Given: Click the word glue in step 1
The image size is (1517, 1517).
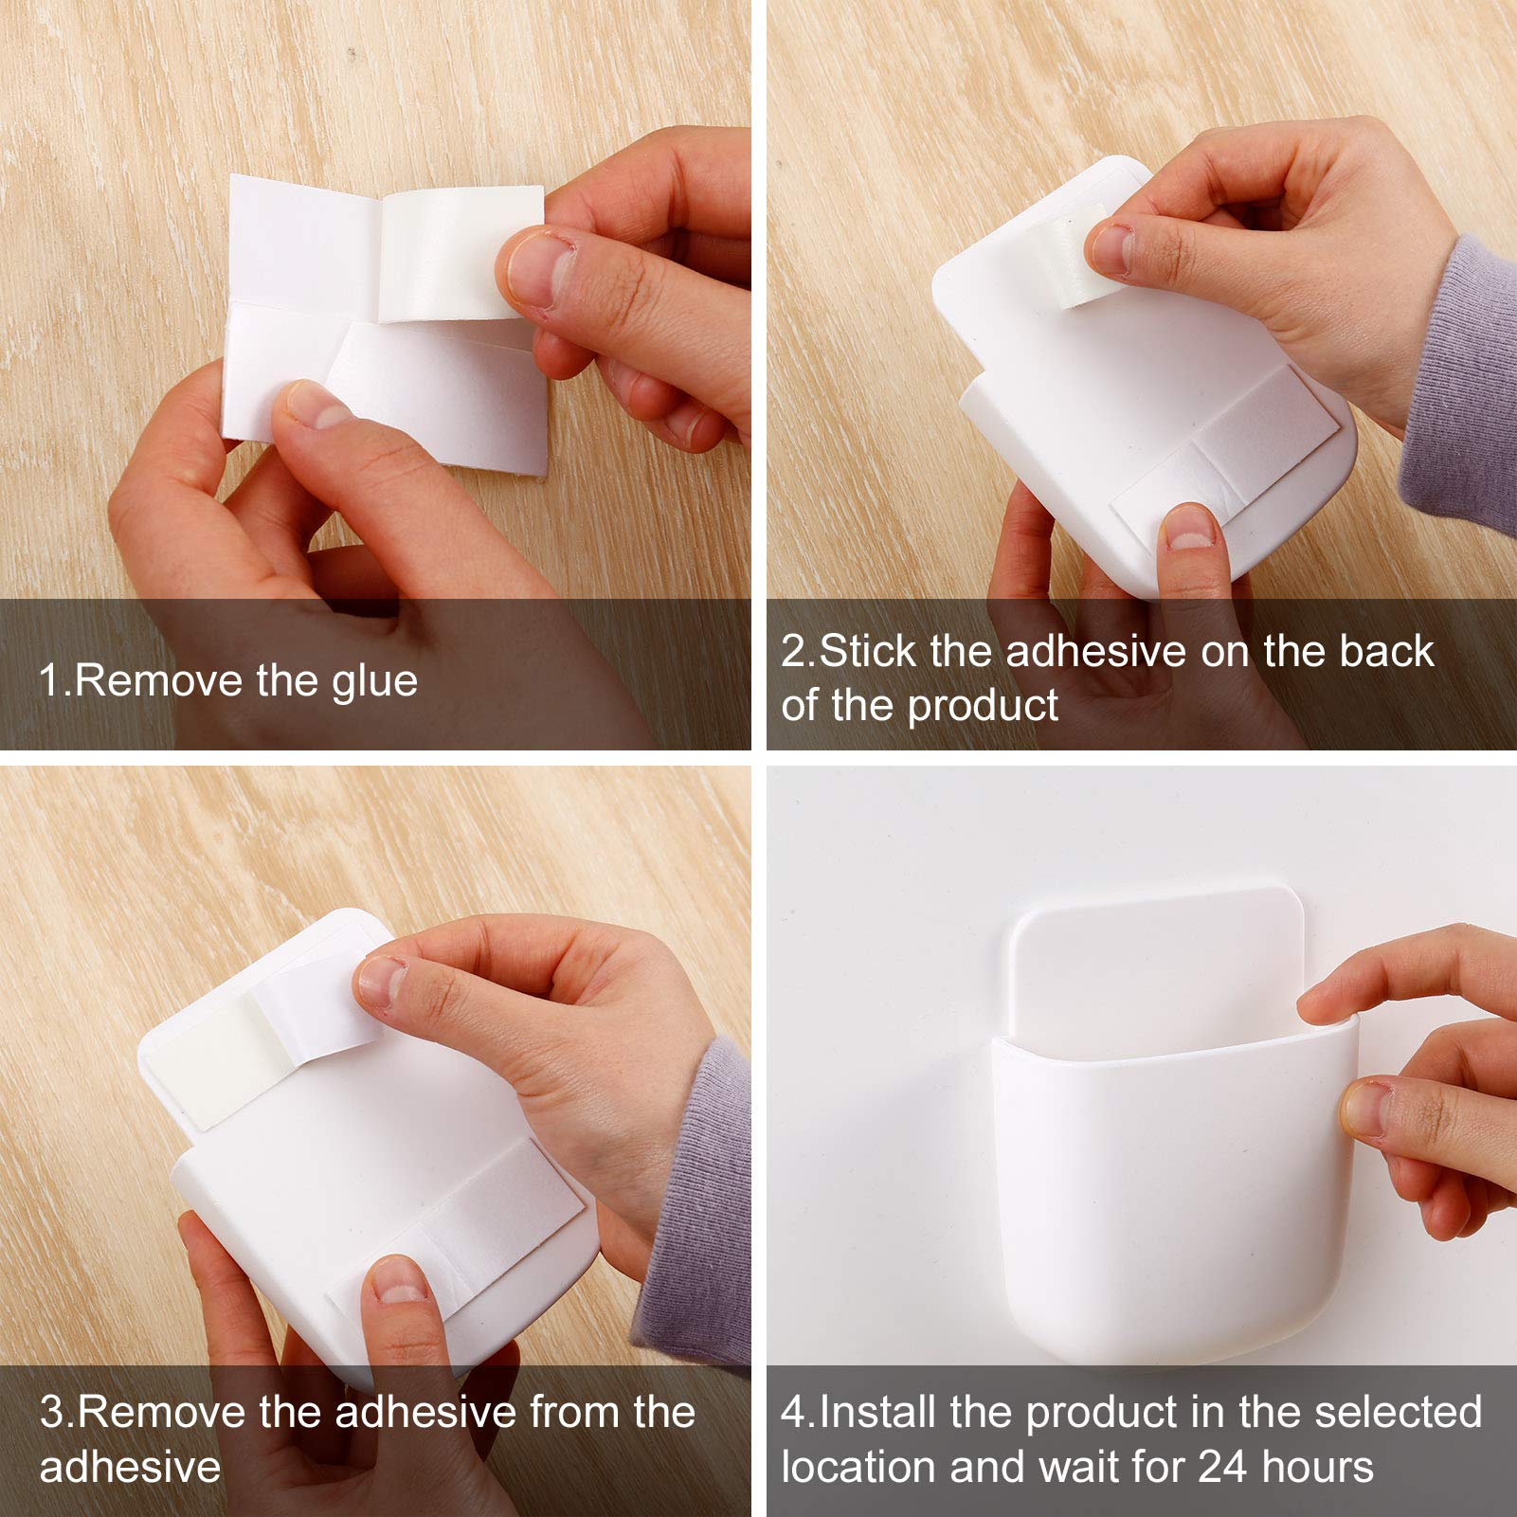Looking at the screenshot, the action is coord(375,682).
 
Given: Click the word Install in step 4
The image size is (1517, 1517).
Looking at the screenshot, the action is coord(877,1412).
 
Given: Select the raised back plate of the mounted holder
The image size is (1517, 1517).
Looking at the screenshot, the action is coord(1156,957).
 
